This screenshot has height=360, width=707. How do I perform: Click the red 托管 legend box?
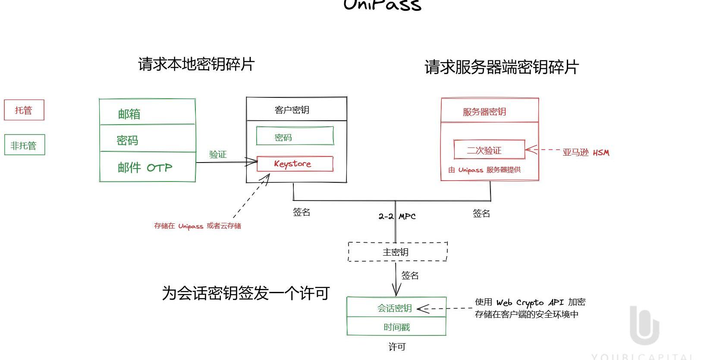point(24,110)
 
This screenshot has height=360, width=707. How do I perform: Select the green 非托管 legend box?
point(24,145)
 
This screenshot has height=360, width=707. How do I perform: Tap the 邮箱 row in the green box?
point(147,113)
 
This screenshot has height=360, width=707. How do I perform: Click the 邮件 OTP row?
point(147,167)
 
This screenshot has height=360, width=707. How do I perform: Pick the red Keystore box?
point(295,164)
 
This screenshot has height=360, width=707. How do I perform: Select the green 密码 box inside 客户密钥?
point(295,136)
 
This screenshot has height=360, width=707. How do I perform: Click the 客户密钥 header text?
point(292,110)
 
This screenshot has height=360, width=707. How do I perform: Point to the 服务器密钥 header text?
point(484,112)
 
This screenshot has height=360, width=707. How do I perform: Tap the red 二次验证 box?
point(489,150)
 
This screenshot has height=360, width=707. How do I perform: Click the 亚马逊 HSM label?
point(586,152)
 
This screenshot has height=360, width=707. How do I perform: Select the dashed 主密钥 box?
point(397,252)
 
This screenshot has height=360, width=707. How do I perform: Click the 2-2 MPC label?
point(397,216)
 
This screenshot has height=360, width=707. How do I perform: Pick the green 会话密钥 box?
point(396,307)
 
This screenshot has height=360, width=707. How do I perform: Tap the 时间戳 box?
point(396,327)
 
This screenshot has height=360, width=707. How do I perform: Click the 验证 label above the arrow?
point(218,154)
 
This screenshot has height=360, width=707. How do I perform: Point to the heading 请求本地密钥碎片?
point(196,64)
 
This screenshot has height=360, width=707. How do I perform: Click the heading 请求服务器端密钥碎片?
point(501,67)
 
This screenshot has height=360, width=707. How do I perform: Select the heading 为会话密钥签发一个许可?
point(245,293)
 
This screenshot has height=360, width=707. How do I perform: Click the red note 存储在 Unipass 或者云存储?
point(198,225)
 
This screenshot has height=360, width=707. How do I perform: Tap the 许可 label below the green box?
point(397,347)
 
